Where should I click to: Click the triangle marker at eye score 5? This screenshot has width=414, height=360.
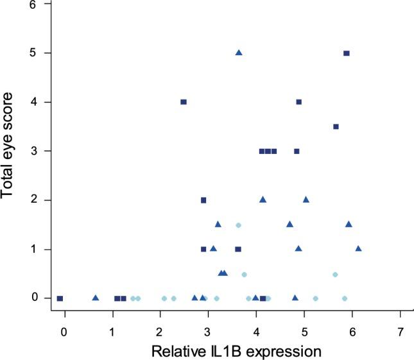(239, 53)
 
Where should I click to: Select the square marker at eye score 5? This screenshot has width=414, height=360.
(347, 53)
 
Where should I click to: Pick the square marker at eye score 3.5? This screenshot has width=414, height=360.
(336, 127)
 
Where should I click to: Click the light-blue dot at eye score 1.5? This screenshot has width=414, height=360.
(238, 225)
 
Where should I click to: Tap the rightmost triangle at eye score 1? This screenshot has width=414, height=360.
(358, 248)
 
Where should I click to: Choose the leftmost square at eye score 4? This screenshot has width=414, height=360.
(184, 102)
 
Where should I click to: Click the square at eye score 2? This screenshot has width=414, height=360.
(203, 200)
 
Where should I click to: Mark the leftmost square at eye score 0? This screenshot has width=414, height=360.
(60, 298)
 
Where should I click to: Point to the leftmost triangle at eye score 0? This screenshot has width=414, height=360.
(96, 298)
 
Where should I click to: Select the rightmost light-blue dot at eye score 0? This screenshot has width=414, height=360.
(345, 298)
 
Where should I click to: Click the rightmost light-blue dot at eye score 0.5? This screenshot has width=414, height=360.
(335, 275)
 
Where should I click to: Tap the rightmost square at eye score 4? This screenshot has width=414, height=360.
(299, 102)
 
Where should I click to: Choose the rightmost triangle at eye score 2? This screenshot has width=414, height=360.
(306, 200)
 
